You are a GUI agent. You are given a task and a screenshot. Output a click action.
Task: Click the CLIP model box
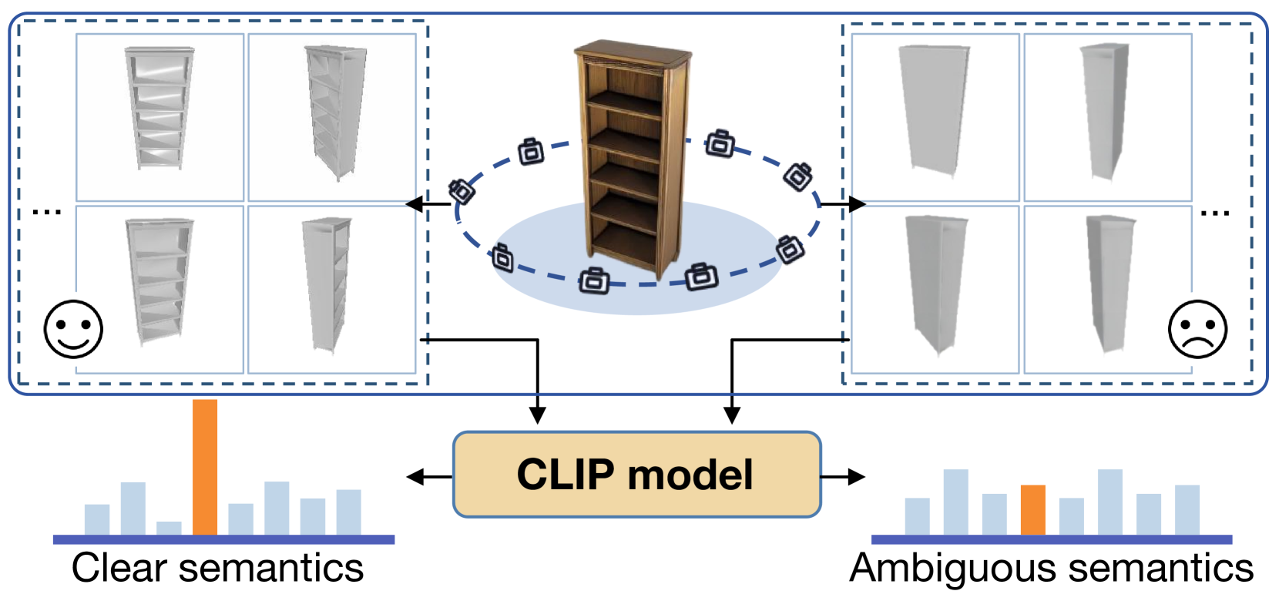(636, 475)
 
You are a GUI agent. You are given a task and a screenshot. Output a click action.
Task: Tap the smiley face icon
(73, 329)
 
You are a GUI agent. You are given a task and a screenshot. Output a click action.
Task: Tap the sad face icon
(1197, 329)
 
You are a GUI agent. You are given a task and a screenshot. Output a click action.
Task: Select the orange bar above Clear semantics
(204, 468)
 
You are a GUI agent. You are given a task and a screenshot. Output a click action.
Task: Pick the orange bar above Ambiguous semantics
(1033, 510)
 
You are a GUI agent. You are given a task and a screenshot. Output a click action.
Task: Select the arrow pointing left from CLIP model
(429, 477)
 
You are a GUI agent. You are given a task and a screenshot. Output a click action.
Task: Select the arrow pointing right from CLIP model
(843, 477)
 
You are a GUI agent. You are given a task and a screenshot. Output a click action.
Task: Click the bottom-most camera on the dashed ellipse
(594, 280)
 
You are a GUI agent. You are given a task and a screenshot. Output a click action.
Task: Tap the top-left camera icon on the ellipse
(531, 152)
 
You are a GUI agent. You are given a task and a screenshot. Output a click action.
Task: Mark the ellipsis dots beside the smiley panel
(47, 213)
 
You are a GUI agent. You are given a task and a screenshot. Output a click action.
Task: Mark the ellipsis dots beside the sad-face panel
(1215, 213)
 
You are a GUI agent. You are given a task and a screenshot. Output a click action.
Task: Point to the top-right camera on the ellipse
(720, 144)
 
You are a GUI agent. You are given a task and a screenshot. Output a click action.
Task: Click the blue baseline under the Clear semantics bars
(223, 539)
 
